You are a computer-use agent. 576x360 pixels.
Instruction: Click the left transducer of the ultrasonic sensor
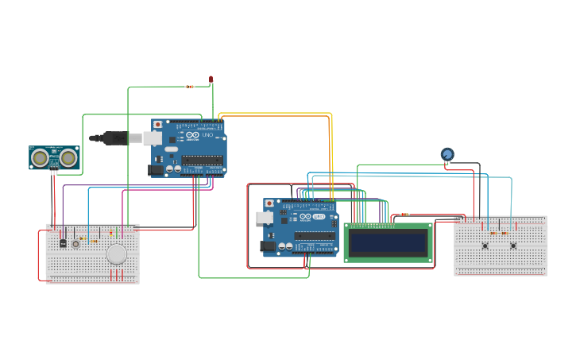40,158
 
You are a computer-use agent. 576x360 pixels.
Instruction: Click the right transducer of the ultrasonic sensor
68,158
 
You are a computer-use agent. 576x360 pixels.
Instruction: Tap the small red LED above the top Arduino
211,79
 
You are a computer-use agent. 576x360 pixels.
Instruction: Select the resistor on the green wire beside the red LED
189,87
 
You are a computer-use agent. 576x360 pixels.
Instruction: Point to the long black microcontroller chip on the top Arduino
202,160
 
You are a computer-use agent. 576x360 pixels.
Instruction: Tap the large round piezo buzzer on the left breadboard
117,254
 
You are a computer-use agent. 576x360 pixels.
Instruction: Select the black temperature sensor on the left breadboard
63,243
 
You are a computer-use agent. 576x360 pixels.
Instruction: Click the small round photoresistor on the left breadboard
76,244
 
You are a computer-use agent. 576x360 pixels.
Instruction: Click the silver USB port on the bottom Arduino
265,217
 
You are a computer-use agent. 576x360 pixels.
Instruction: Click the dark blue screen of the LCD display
388,242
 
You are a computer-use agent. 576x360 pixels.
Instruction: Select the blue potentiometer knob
447,154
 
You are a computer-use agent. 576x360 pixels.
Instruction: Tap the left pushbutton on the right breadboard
485,246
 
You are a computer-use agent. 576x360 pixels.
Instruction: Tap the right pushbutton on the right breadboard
513,246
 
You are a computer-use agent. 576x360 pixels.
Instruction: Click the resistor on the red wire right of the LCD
404,215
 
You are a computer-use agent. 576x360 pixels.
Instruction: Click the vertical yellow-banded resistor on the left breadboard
111,233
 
